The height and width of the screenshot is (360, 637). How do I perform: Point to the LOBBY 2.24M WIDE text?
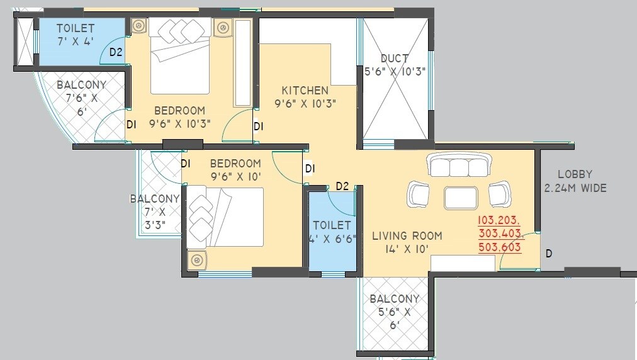pos(575,181)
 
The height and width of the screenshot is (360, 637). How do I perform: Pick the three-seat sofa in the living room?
pos(458,166)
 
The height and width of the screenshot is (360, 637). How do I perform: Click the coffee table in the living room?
pos(461,198)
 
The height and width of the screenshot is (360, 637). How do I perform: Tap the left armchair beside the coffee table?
pos(419,194)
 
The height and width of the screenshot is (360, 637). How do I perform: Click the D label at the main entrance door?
pos(549,254)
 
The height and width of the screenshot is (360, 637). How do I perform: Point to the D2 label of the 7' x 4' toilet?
pos(116,52)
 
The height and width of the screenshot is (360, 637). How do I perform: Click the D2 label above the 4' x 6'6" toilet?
pos(342,186)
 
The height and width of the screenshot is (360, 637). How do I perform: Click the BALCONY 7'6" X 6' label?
pos(81,98)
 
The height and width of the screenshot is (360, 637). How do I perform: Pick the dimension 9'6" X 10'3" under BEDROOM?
pos(180,123)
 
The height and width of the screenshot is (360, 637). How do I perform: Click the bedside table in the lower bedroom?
pos(198,259)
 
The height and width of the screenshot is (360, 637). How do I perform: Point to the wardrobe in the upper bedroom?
pos(243,62)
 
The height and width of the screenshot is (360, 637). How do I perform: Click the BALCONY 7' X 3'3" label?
pos(155,212)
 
